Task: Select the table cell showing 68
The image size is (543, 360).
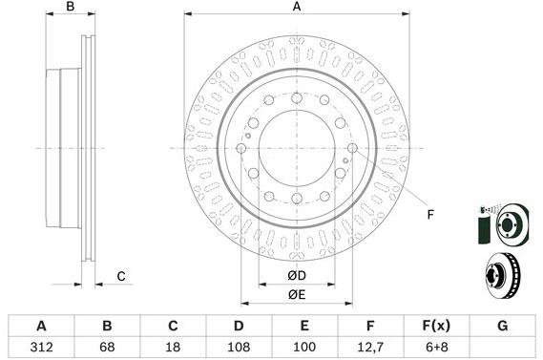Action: [x=107, y=346]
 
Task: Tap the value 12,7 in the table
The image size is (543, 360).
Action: [x=369, y=346]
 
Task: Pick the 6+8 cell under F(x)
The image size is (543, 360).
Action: [x=434, y=346]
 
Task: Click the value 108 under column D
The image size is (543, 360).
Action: [x=239, y=346]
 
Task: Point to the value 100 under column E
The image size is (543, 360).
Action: [x=303, y=346]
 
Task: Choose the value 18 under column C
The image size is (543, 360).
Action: [x=173, y=346]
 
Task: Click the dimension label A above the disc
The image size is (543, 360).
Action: [x=297, y=8]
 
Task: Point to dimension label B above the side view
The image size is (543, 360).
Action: [x=70, y=8]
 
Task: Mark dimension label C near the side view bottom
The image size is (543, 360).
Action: [x=121, y=277]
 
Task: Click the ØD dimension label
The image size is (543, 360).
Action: [x=297, y=277]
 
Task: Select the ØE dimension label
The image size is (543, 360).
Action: [x=297, y=295]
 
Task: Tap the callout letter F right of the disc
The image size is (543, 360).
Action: [x=429, y=214]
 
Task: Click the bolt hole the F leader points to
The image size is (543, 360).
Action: [x=353, y=148]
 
